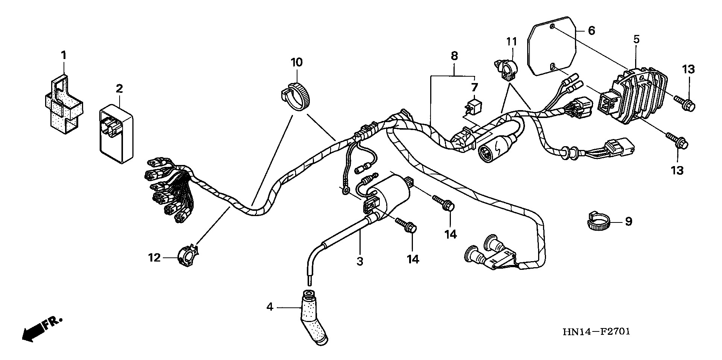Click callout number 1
coord(64,56)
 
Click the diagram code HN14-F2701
coord(596,331)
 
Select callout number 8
coord(454,56)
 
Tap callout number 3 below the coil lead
coord(360,261)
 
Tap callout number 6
coord(591,30)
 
